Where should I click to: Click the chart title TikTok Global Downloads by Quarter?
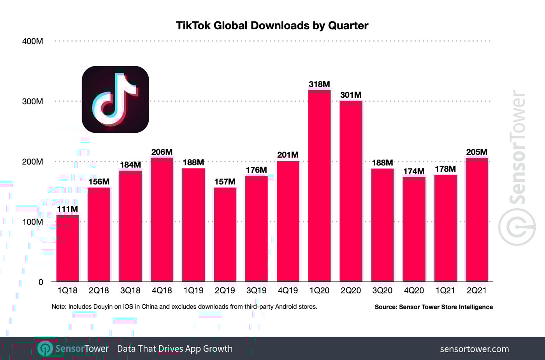pyautogui.click(x=272, y=26)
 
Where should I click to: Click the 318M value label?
pyautogui.click(x=319, y=84)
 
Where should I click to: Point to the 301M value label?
pyautogui.click(x=351, y=95)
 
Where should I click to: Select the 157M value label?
pyautogui.click(x=225, y=182)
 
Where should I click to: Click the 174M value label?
pyautogui.click(x=413, y=171)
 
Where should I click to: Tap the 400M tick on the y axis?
pyautogui.click(x=32, y=41)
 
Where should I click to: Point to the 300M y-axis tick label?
pyautogui.click(x=32, y=102)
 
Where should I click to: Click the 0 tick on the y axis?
pyautogui.click(x=40, y=282)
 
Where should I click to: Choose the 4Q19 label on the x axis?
pyautogui.click(x=288, y=291)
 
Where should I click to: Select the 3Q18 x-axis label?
pyautogui.click(x=130, y=291)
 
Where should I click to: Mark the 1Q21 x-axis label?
pyautogui.click(x=445, y=291)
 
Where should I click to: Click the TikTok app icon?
pyautogui.click(x=115, y=99)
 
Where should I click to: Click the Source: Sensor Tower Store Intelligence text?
pyautogui.click(x=434, y=307)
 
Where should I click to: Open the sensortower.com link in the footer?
pyautogui.click(x=474, y=349)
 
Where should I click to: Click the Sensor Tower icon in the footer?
pyautogui.click(x=45, y=348)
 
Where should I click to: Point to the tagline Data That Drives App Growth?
pyautogui.click(x=175, y=349)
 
